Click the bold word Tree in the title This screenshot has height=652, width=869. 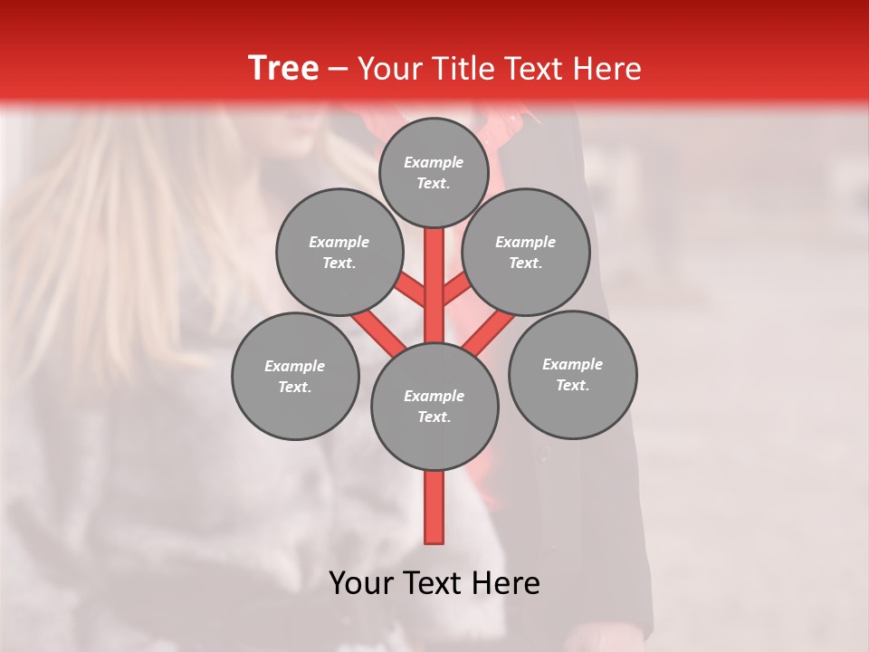[283, 68]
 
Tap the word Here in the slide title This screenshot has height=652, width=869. [606, 69]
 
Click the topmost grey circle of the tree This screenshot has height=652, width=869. [434, 172]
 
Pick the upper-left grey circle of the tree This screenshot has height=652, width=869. [339, 252]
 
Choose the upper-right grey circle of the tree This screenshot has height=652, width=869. [526, 252]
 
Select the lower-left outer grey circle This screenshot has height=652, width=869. [295, 376]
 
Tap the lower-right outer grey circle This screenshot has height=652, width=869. [572, 374]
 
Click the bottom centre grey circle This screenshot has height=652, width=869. [434, 407]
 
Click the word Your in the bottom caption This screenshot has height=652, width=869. [359, 583]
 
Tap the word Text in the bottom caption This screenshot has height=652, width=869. [429, 583]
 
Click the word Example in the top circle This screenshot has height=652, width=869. [434, 162]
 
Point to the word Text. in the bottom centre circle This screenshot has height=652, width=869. [434, 417]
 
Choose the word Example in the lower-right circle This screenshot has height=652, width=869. [572, 364]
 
